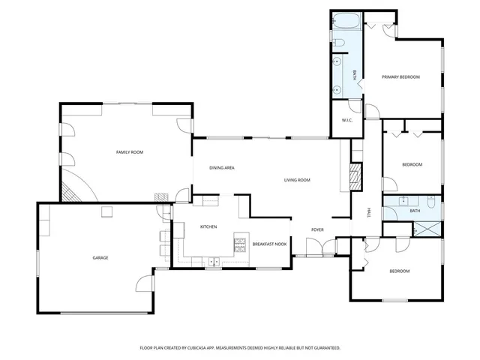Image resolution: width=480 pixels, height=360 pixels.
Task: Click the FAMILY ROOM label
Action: click(x=129, y=152)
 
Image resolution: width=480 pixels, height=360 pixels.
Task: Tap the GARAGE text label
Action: click(x=100, y=258)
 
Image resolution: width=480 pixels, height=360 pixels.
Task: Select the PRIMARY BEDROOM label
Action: click(x=400, y=77)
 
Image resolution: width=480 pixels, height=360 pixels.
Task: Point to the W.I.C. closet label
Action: click(x=347, y=121)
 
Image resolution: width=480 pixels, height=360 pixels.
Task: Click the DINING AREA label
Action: click(x=222, y=168)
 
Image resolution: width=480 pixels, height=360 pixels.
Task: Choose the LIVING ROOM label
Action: click(x=297, y=180)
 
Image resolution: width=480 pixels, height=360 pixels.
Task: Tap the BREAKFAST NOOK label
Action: click(x=269, y=244)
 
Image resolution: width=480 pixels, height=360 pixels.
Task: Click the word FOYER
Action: click(x=318, y=229)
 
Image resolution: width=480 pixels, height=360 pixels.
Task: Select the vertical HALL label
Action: click(x=368, y=213)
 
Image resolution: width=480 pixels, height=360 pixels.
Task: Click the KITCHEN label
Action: click(x=208, y=227)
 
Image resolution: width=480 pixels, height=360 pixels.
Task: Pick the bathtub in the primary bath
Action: click(x=347, y=20)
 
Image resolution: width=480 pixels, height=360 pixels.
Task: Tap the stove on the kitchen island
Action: click(x=240, y=242)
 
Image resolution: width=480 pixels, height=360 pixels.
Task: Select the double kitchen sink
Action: click(x=214, y=262)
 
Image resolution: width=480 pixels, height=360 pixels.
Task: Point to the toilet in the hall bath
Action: click(x=430, y=202)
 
